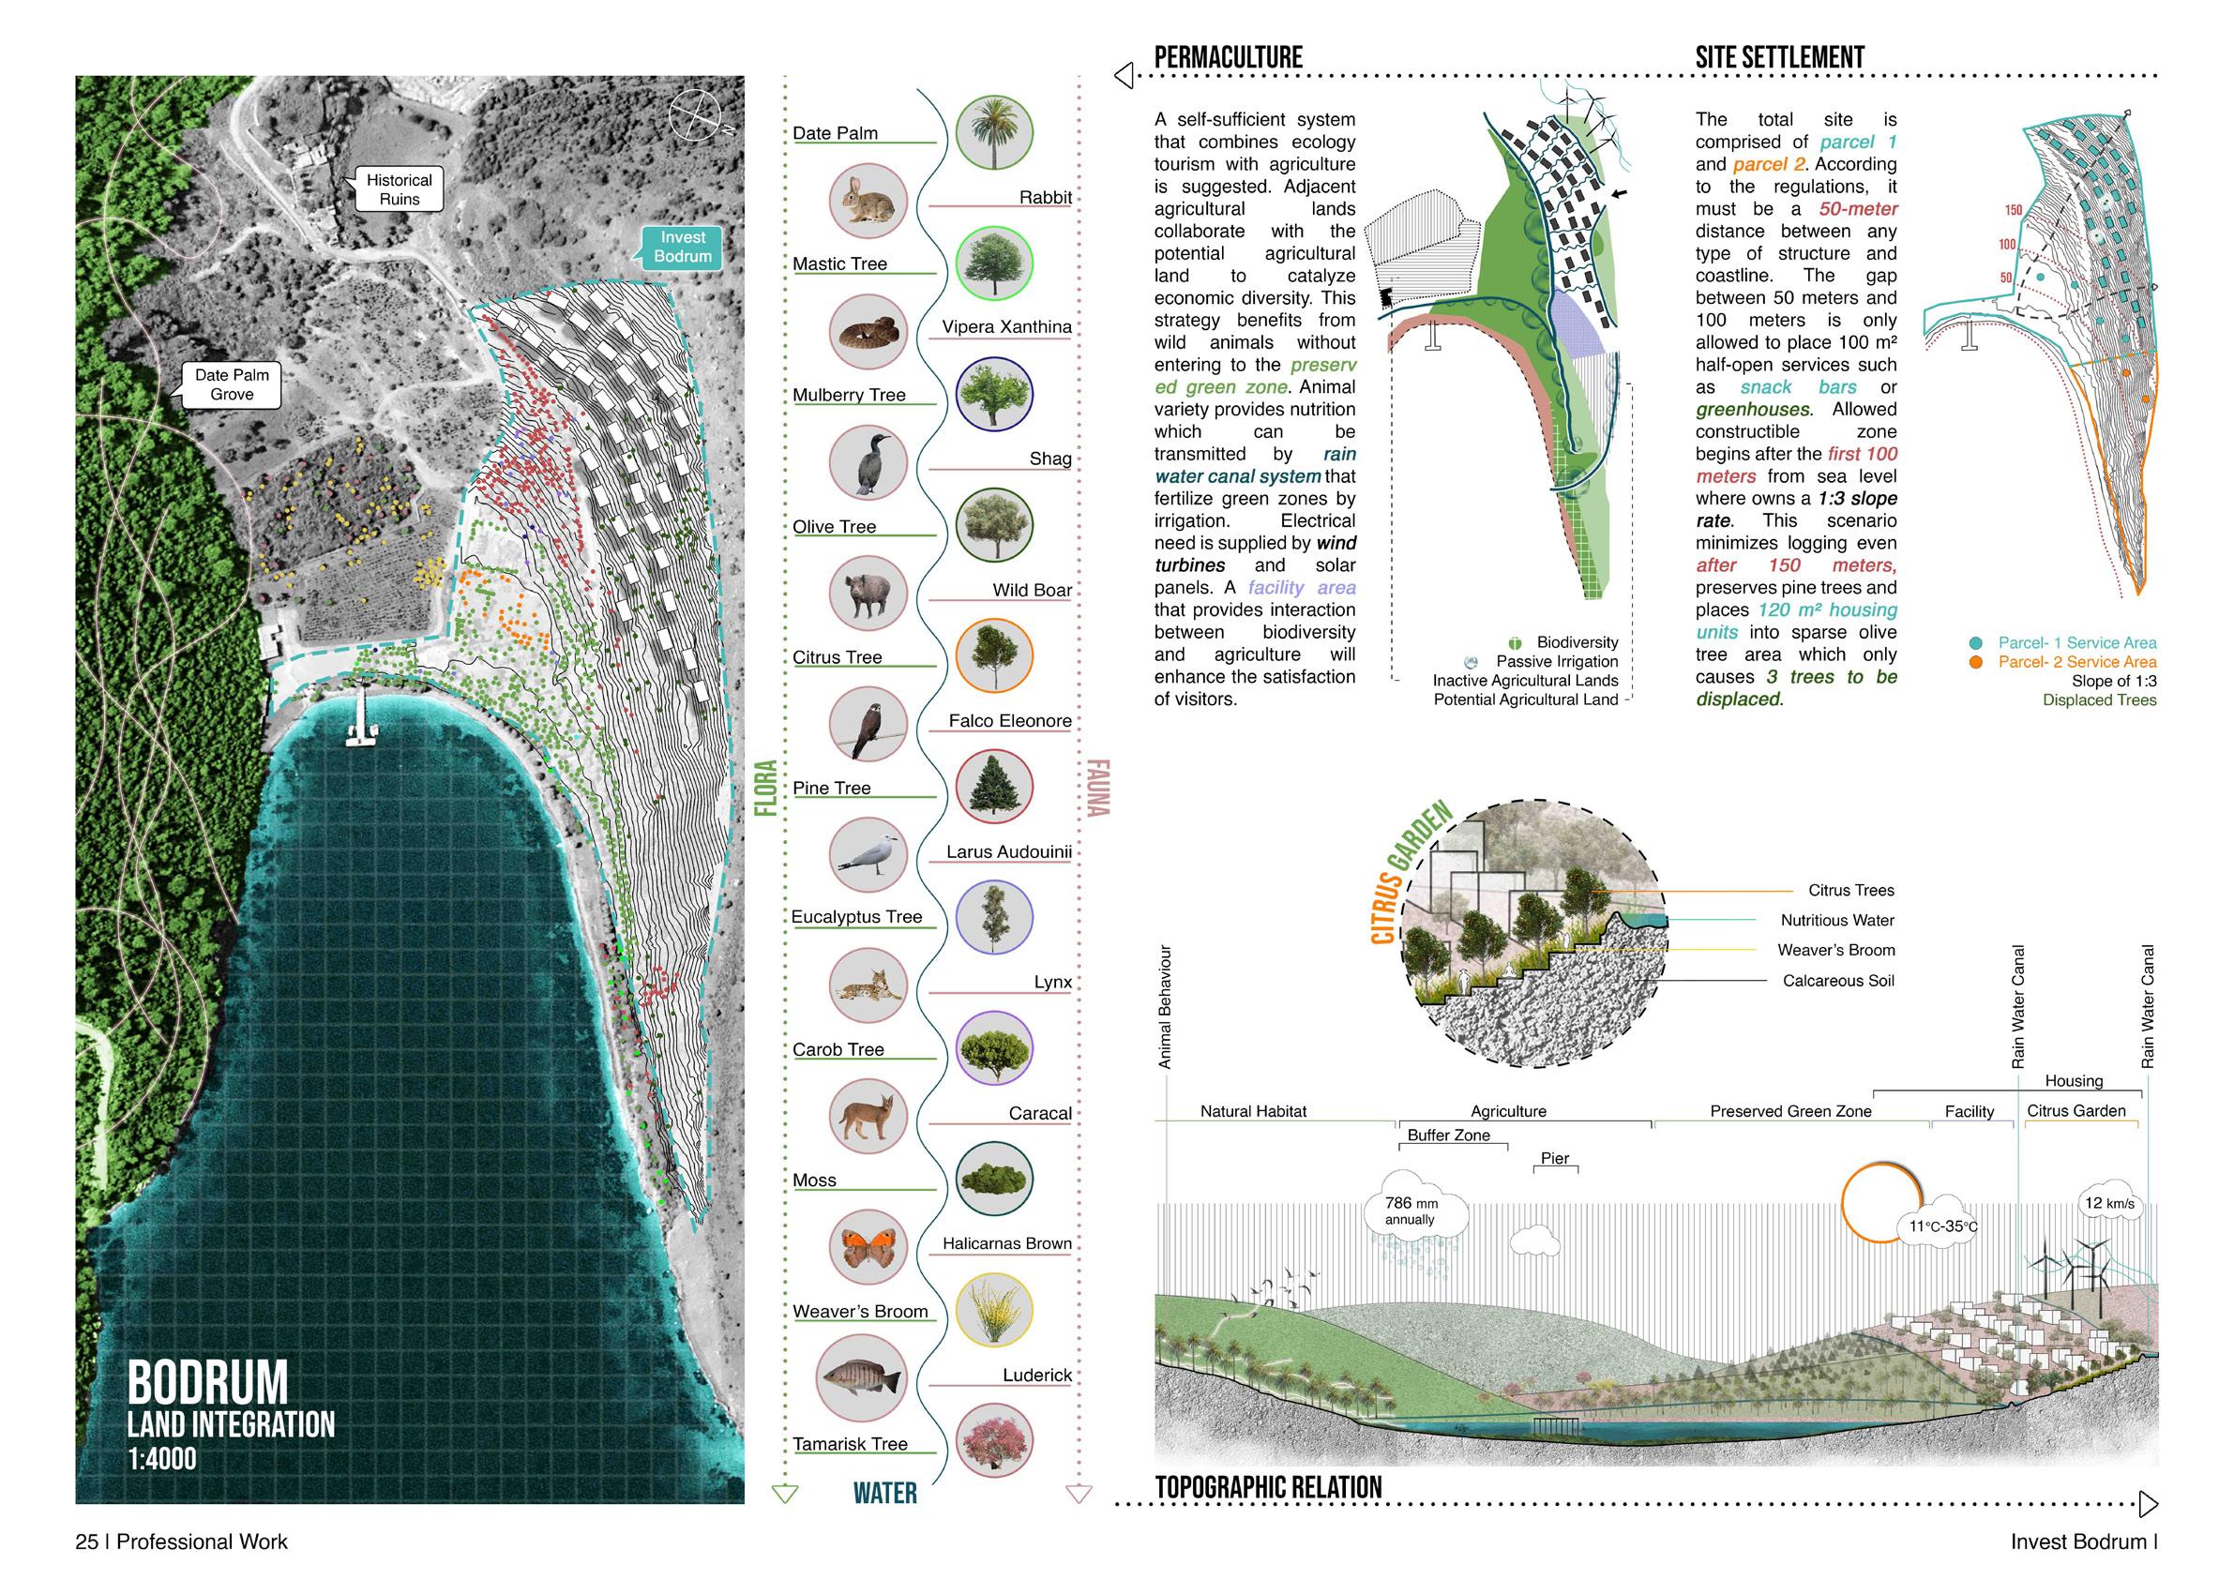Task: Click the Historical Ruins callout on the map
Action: pos(399,189)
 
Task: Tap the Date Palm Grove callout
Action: pos(232,384)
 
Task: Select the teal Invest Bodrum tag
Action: pos(682,248)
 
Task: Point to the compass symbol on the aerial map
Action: pos(695,113)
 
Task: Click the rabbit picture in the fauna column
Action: pos(868,200)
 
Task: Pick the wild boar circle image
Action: pos(868,594)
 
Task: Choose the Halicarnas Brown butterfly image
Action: pos(868,1246)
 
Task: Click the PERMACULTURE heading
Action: pos(1228,57)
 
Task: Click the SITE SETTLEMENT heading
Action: pos(1780,57)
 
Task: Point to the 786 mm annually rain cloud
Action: pos(1411,1211)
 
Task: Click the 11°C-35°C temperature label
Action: pos(1942,1226)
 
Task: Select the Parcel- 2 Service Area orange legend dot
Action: pos(1975,662)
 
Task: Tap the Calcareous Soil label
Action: pos(1838,981)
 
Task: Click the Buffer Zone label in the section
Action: pos(1448,1135)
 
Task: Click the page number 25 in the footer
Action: pos(86,1542)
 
